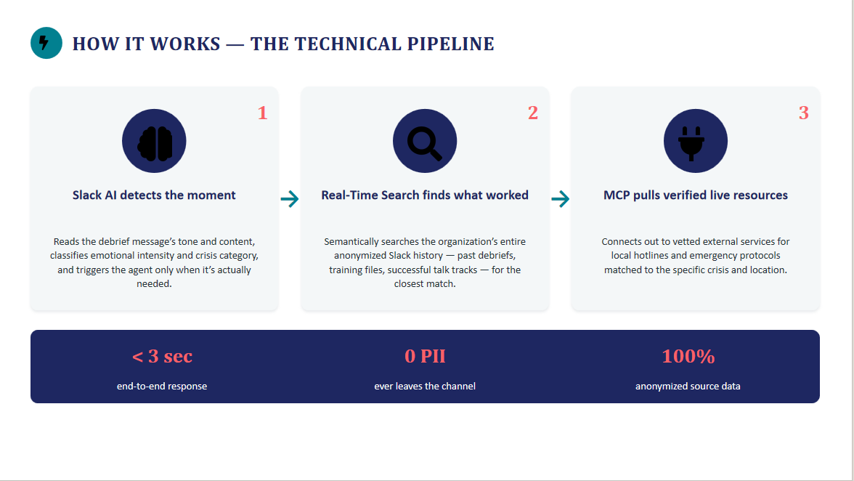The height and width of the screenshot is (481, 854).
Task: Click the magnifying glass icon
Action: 425,141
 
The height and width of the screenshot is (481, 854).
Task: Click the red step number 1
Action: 263,113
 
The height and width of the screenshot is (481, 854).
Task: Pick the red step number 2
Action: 533,113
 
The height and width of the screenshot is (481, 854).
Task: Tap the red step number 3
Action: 804,113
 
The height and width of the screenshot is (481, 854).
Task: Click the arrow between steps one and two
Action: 290,199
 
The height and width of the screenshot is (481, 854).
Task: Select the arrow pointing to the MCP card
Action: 561,199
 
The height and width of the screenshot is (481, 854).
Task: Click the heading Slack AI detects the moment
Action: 154,195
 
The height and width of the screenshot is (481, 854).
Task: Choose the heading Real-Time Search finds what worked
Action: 425,195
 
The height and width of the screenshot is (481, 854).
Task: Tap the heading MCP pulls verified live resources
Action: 696,195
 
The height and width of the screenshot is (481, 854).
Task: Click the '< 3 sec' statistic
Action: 163,356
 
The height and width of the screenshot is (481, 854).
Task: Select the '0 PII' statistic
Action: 425,356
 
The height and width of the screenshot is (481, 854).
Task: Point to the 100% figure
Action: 688,356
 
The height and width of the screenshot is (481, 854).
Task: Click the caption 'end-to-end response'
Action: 162,387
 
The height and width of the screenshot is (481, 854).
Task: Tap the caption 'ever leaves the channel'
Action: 425,387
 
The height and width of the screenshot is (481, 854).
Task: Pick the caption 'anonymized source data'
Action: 688,387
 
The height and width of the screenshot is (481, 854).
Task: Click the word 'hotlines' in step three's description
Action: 651,256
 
